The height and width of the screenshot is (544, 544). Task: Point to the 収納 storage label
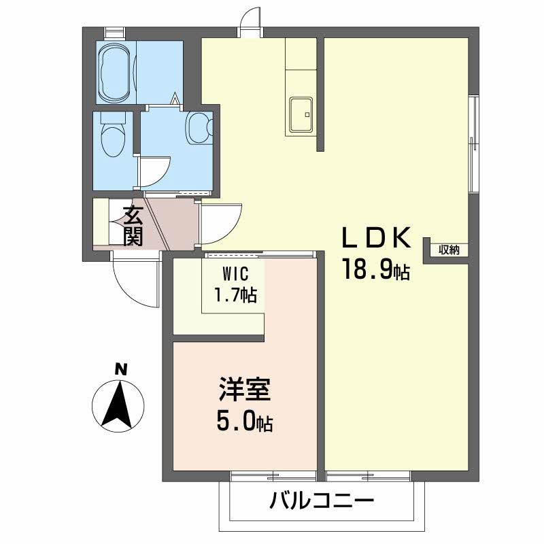coord(449,250)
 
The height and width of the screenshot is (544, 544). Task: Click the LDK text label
coord(376,239)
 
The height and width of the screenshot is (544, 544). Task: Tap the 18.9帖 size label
coord(376,271)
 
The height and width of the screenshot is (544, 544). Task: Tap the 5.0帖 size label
coord(245,423)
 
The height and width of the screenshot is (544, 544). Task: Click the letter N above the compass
coord(120,369)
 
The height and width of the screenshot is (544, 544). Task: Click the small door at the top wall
coord(252,20)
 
